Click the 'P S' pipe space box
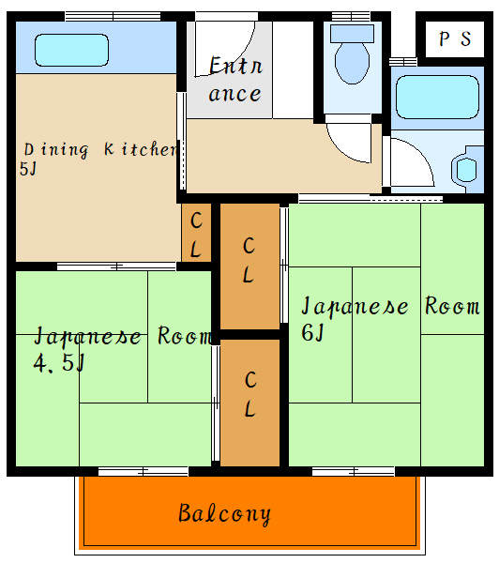[454, 39]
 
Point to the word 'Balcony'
[224, 514]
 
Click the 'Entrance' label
[234, 80]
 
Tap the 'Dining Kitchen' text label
[99, 149]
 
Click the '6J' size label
[312, 331]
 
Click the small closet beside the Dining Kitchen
[196, 234]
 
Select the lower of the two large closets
[250, 398]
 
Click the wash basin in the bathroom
[466, 170]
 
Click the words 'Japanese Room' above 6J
[389, 307]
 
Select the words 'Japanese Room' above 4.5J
[122, 336]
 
